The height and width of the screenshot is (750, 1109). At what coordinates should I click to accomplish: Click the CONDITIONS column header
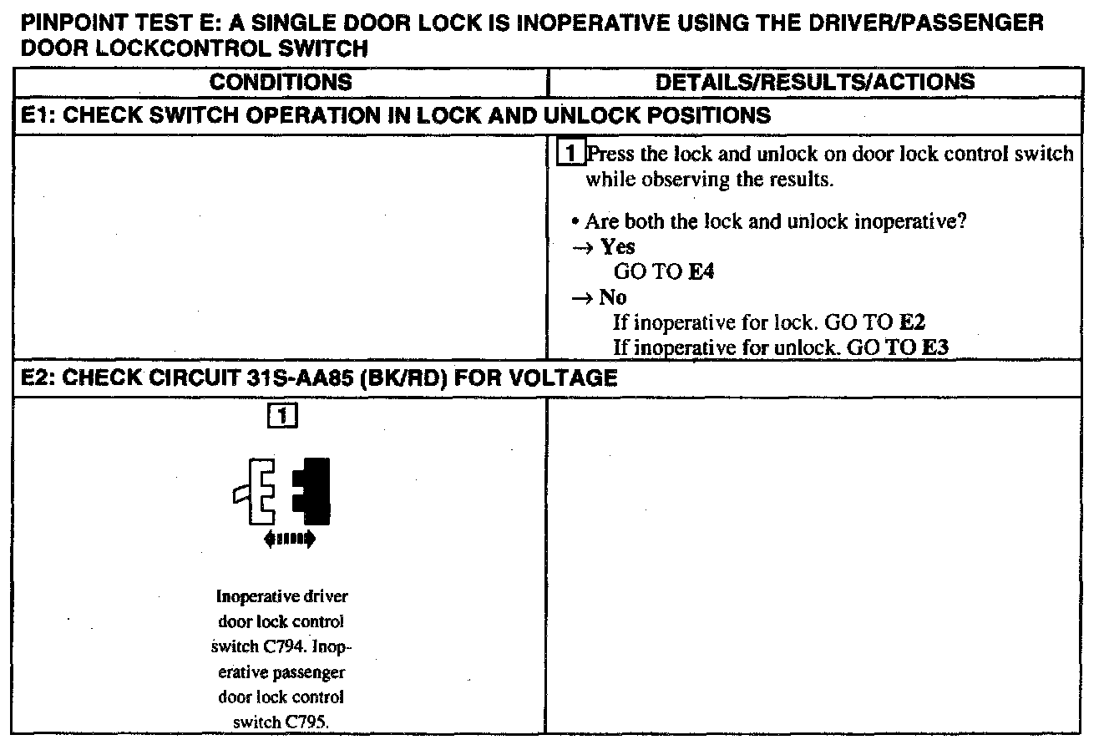281,82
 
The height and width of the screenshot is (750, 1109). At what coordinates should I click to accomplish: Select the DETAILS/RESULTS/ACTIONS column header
814,82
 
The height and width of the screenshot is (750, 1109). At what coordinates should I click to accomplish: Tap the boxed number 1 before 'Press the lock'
570,155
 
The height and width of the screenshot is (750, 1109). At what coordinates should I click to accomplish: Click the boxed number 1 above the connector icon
282,414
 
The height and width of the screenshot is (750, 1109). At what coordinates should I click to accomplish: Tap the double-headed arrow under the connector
289,540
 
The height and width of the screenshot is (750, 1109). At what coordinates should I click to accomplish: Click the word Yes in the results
617,247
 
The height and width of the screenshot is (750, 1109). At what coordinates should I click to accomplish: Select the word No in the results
612,298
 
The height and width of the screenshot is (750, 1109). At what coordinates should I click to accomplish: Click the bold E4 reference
701,272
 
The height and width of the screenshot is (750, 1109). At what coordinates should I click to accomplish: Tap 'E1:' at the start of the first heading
38,115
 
